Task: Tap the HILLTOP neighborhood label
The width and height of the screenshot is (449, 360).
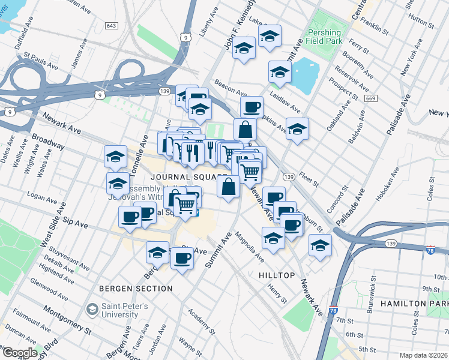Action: coord(277,275)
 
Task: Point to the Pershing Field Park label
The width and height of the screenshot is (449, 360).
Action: coord(324,37)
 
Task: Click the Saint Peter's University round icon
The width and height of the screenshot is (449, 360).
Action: coord(92,310)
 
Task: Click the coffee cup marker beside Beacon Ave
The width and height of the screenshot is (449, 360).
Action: coord(252,107)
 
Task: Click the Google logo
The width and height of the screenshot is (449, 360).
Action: coord(19,353)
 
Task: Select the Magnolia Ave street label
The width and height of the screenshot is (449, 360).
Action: coord(249,247)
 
